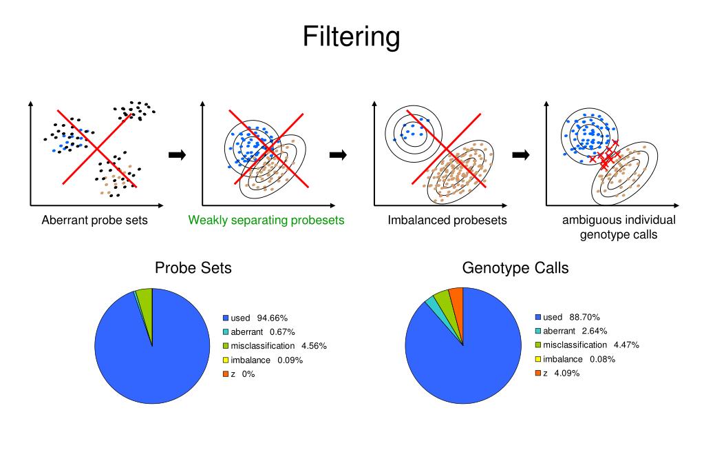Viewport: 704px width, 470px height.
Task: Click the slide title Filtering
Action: pyautogui.click(x=351, y=37)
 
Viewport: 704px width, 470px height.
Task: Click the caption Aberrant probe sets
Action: pyautogui.click(x=95, y=221)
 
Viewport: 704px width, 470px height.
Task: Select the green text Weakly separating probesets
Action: pyautogui.click(x=266, y=221)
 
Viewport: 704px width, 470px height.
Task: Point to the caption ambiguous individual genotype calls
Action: pyautogui.click(x=619, y=227)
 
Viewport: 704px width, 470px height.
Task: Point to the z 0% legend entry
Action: pyautogui.click(x=242, y=374)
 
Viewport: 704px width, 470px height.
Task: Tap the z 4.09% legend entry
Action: pyautogui.click(x=561, y=373)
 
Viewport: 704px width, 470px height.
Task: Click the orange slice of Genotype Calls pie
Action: pyautogui.click(x=456, y=298)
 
